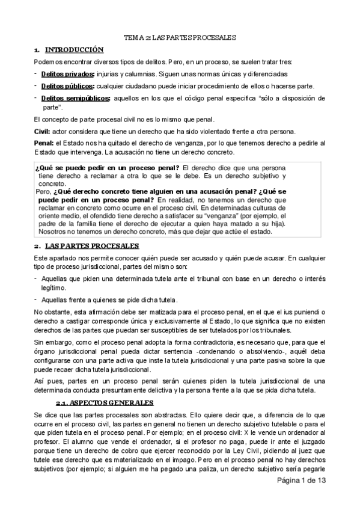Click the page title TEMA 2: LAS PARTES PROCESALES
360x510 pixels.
tap(180, 37)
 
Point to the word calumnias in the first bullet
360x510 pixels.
tap(144, 74)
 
